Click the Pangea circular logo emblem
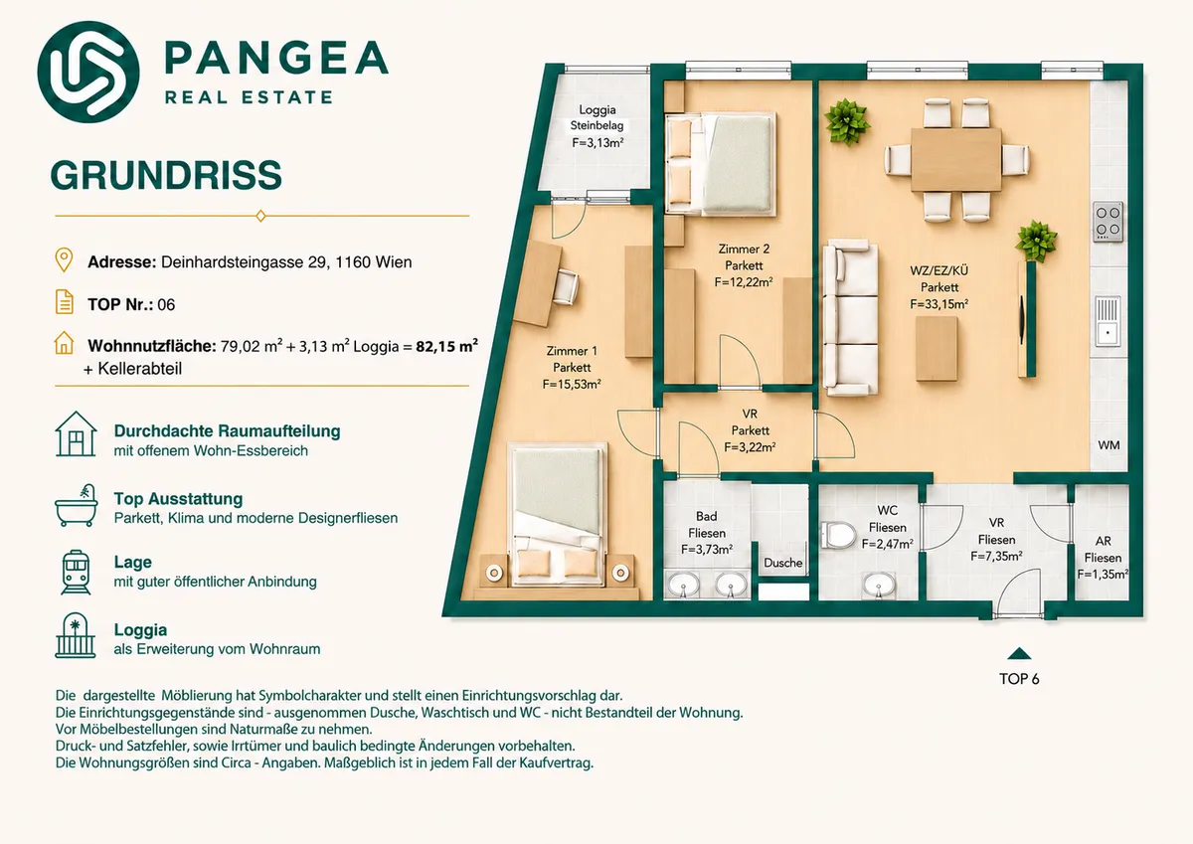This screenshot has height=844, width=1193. pyautogui.click(x=88, y=72)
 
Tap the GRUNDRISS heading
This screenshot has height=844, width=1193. pyautogui.click(x=166, y=175)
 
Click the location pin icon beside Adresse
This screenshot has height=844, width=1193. pyautogui.click(x=64, y=259)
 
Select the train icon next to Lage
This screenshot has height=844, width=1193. pyautogui.click(x=76, y=573)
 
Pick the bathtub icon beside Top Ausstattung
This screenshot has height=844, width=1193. pyautogui.click(x=76, y=505)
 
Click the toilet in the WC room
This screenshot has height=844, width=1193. pyautogui.click(x=838, y=535)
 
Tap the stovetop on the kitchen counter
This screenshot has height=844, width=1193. pyautogui.click(x=1108, y=222)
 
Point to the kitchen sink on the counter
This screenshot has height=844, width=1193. pyautogui.click(x=1108, y=321)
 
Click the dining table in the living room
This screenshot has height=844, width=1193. pyautogui.click(x=956, y=159)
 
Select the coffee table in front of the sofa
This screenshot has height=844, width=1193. pyautogui.click(x=937, y=349)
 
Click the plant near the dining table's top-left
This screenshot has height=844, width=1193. pyautogui.click(x=846, y=122)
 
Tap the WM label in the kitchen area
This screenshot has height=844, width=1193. pyautogui.click(x=1108, y=445)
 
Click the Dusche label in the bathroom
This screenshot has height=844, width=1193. pyautogui.click(x=783, y=563)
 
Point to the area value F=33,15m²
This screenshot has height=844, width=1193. pyautogui.click(x=938, y=304)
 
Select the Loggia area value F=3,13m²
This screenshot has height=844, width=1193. pyautogui.click(x=597, y=143)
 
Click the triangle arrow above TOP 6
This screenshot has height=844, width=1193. pyautogui.click(x=1019, y=653)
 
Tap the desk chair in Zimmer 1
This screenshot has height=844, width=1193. pyautogui.click(x=566, y=287)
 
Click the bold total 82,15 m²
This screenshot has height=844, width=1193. pyautogui.click(x=446, y=346)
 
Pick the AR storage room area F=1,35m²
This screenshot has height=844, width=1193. pyautogui.click(x=1103, y=575)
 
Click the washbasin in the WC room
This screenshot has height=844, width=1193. pyautogui.click(x=878, y=586)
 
